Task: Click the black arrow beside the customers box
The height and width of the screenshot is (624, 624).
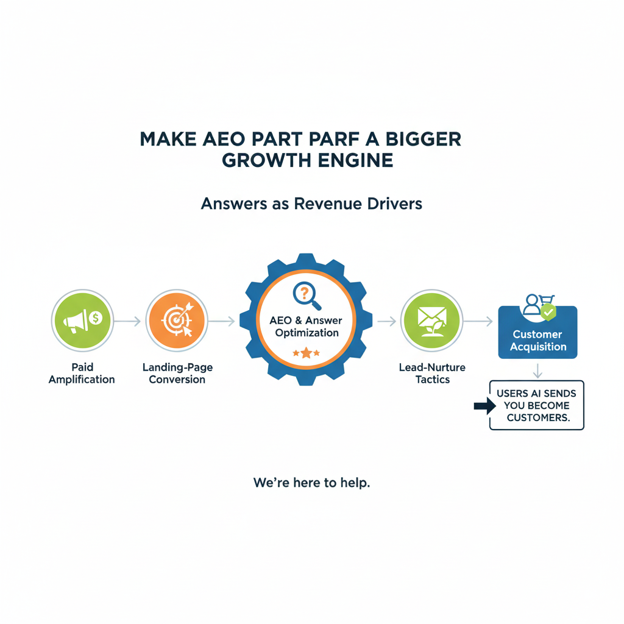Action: [484, 407]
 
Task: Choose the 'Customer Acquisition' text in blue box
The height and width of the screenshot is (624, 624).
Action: [538, 340]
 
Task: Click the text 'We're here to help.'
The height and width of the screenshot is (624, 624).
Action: [312, 483]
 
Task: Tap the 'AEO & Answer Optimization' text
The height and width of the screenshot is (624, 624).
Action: [307, 327]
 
